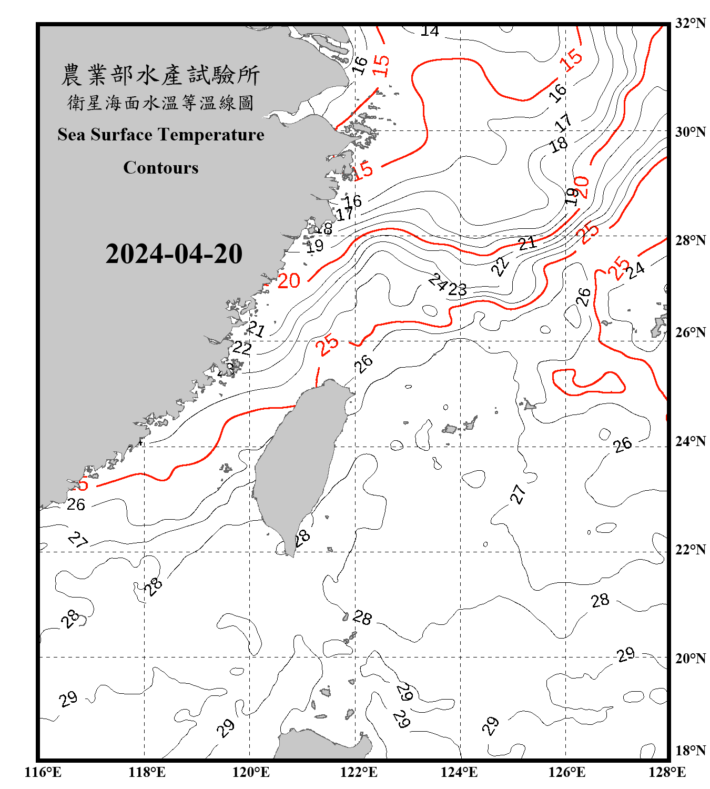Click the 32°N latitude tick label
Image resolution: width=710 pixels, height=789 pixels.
click(690, 23)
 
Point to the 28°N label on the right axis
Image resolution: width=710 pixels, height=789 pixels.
click(690, 240)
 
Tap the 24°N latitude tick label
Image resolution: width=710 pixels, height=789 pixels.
click(690, 441)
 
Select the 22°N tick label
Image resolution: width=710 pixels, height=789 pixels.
click(690, 550)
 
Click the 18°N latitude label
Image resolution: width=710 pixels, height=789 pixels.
click(690, 751)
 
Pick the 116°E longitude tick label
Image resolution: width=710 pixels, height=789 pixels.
click(43, 772)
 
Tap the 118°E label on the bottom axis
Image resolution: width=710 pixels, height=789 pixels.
click(147, 772)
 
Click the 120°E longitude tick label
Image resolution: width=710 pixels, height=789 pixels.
click(251, 772)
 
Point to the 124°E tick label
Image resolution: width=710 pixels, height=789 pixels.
click(459, 772)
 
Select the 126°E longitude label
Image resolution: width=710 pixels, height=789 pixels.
click(566, 772)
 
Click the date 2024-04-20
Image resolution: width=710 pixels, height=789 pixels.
click(174, 254)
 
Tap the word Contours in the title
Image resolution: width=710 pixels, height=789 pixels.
click(161, 168)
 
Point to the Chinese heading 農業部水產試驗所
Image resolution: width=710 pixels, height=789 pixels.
click(160, 75)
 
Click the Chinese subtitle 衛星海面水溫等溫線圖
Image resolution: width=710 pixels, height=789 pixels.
click(160, 103)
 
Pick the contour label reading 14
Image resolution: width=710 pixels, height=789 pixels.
click(430, 31)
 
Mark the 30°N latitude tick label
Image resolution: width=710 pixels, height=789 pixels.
click(690, 131)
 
